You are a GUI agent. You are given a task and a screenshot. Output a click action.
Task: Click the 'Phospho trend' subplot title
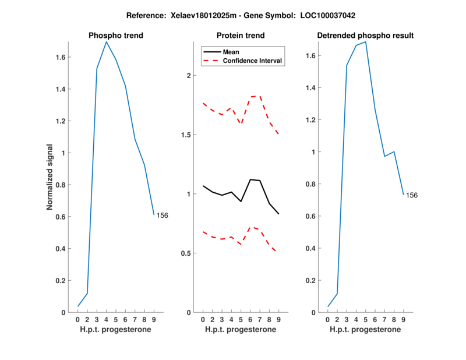pyautogui.click(x=115, y=36)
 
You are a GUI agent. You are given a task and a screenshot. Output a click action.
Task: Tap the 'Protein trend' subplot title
pyautogui.click(x=241, y=36)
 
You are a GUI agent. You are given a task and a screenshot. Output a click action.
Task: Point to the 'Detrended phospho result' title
pyautogui.click(x=365, y=36)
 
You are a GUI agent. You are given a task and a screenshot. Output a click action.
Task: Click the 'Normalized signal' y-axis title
pyautogui.click(x=51, y=177)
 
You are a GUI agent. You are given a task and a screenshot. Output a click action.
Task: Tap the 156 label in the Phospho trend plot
pyautogui.click(x=163, y=216)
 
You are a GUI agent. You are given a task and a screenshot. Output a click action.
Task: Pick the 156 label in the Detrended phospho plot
pyautogui.click(x=412, y=195)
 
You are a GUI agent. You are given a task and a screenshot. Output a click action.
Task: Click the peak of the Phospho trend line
pyautogui.click(x=106, y=42)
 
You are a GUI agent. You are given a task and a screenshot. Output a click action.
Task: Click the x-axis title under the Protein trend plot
pyautogui.click(x=241, y=330)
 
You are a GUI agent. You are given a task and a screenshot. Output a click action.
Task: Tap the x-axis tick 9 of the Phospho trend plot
pyautogui.click(x=154, y=320)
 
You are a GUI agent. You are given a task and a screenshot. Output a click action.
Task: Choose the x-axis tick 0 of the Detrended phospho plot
pyautogui.click(x=328, y=320)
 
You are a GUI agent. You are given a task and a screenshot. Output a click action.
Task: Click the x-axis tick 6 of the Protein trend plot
pyautogui.click(x=250, y=320)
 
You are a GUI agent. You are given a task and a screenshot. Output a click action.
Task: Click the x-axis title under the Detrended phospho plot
pyautogui.click(x=365, y=330)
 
